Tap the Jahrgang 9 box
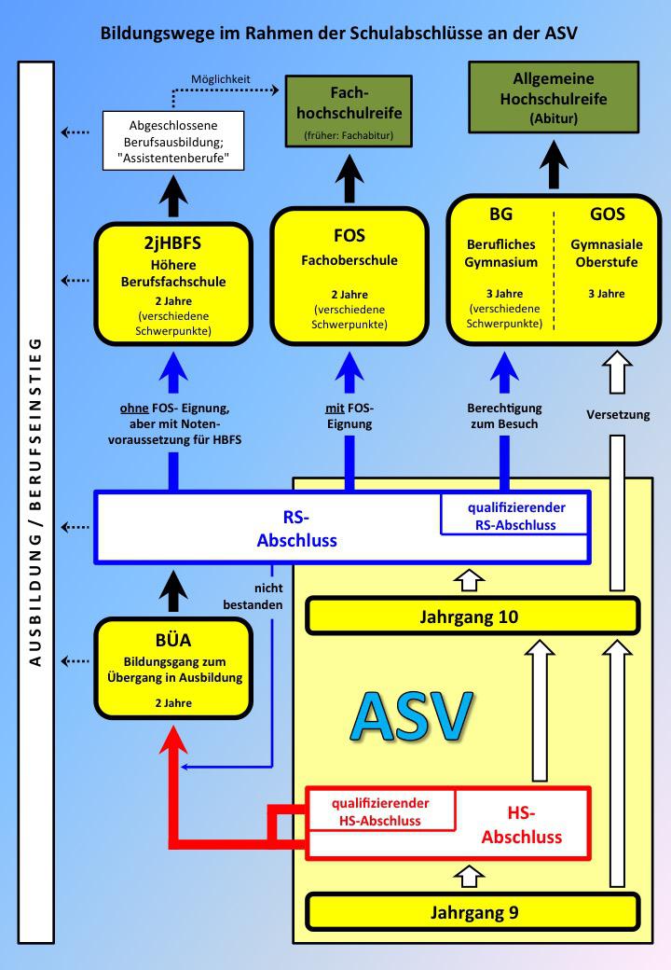(473, 912)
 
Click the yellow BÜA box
(173, 670)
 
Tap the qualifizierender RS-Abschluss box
(514, 516)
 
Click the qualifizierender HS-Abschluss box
(380, 811)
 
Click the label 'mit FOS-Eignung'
(349, 416)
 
